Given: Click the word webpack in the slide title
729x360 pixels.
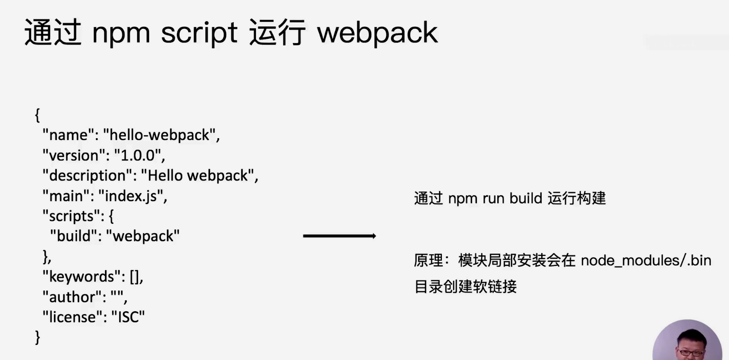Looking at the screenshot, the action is (378, 33).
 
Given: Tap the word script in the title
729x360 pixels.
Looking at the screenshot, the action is (199, 33).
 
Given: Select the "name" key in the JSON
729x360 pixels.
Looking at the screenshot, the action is (69, 135).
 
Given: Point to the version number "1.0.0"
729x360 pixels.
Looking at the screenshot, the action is (138, 155).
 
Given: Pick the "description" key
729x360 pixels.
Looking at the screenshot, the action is (88, 176).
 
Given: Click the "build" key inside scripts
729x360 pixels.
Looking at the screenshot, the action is (74, 236).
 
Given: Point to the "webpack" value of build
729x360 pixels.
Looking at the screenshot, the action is (143, 237).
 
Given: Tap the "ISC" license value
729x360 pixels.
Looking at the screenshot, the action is (128, 317).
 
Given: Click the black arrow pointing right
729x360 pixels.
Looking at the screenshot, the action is (340, 236).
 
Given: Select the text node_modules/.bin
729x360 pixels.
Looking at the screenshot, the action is (646, 261).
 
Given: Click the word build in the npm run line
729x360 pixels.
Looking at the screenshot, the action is (526, 198).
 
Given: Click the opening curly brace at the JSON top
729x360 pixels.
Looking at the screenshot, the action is (37, 115).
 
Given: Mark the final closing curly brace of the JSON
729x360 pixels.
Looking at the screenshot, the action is (37, 337).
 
